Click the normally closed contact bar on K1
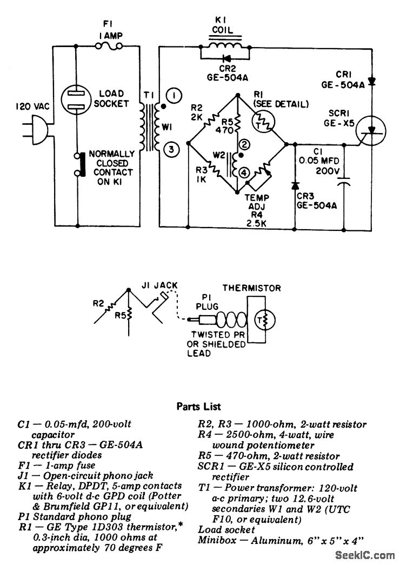click(x=83, y=164)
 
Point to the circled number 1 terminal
click(x=174, y=95)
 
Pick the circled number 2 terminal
click(x=244, y=145)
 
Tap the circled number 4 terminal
click(x=244, y=172)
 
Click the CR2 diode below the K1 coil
click(x=226, y=58)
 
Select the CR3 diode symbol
click(x=295, y=185)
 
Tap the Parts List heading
click(x=198, y=407)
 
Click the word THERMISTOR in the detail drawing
click(x=251, y=288)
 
